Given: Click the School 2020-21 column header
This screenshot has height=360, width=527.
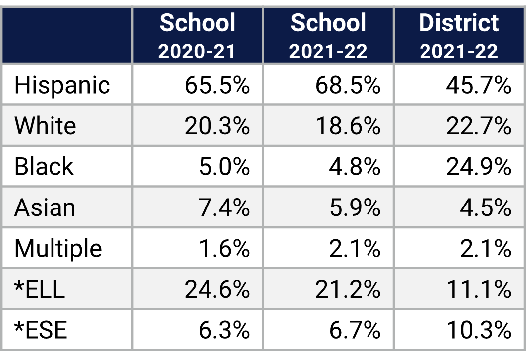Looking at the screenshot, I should click(x=198, y=36).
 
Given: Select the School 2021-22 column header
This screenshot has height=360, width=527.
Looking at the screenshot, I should click(x=328, y=36).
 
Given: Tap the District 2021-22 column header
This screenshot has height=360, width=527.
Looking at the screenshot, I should click(x=459, y=36).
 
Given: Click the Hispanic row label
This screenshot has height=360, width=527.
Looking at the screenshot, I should click(x=62, y=85).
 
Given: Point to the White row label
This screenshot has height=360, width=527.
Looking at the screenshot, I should click(x=45, y=126).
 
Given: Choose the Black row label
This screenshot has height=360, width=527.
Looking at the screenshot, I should click(x=44, y=166).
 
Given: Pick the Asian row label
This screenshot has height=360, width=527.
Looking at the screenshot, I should click(x=45, y=207).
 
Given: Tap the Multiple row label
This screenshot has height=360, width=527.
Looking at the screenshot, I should click(x=58, y=248).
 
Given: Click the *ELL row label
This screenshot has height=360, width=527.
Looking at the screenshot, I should click(x=40, y=289).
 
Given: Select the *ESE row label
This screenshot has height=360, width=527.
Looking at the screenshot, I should click(x=41, y=330).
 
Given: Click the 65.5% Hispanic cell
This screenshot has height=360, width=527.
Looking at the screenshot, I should click(x=217, y=85).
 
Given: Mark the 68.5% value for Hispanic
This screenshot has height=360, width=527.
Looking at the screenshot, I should click(x=348, y=85).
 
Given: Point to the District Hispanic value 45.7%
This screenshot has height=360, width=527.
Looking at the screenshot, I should click(x=478, y=85).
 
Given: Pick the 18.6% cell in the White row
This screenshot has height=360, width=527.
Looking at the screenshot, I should click(x=348, y=126).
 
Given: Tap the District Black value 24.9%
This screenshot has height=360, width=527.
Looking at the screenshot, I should click(x=478, y=167).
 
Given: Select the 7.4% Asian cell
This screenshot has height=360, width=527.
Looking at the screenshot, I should click(x=224, y=207).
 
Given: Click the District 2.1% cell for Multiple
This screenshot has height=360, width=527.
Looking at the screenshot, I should click(x=485, y=248).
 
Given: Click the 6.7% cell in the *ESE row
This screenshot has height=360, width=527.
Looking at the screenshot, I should click(x=355, y=330).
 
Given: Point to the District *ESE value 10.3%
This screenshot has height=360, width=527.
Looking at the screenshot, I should click(x=478, y=330).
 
